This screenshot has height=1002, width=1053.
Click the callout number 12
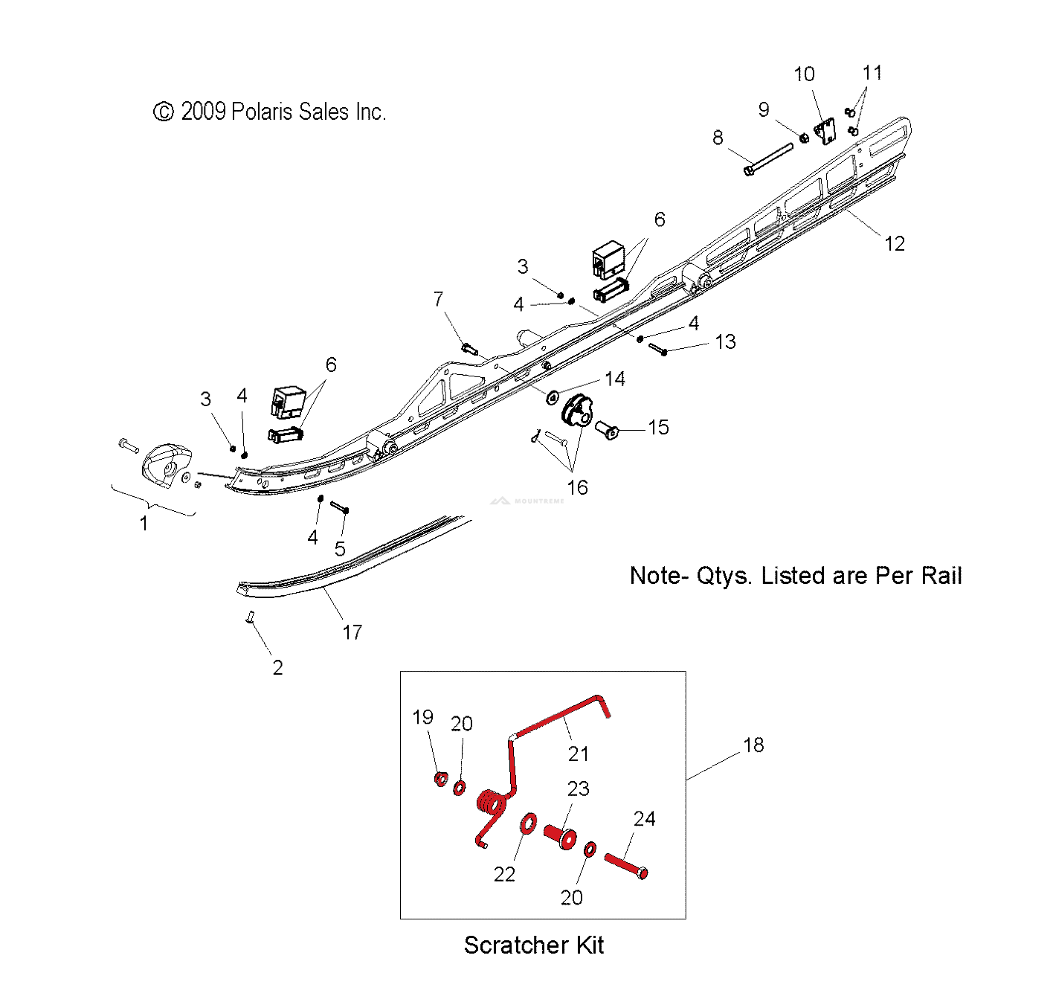pos(894,244)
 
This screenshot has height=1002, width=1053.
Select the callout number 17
pos(352,632)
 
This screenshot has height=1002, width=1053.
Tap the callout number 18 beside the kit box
pos(753,745)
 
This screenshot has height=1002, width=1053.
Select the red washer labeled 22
pos(528,823)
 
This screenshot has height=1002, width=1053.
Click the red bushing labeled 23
pos(560,836)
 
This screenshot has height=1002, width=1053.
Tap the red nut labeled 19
pos(441,779)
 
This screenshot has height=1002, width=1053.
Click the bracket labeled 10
pos(825,131)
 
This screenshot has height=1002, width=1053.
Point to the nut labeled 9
pos(803,138)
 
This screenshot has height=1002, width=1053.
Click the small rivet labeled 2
pos(249,617)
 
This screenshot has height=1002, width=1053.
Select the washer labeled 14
pos(552,397)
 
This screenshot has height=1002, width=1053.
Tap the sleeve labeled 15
pos(607,429)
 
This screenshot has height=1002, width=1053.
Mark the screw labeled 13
pos(657,349)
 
